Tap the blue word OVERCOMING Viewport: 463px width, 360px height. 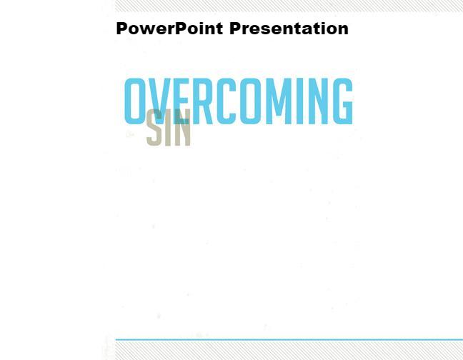pos(239,101)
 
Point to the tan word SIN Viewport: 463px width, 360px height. pos(169,129)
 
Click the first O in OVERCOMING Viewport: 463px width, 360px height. pos(136,101)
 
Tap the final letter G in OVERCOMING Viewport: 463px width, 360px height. pos(342,101)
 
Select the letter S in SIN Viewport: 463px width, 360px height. pos(154,129)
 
